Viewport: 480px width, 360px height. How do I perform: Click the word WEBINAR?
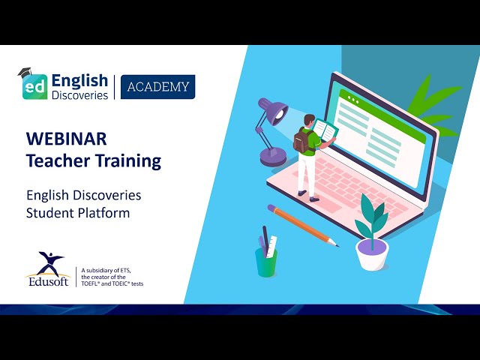66,139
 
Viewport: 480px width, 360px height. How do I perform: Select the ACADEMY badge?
157,87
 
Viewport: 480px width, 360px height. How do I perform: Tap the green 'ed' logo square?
34,86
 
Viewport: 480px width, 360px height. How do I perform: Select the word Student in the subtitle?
47,212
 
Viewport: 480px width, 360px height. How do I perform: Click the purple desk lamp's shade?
272,112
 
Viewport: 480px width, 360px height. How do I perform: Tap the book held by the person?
325,130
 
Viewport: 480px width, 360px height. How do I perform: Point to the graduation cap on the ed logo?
27,73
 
